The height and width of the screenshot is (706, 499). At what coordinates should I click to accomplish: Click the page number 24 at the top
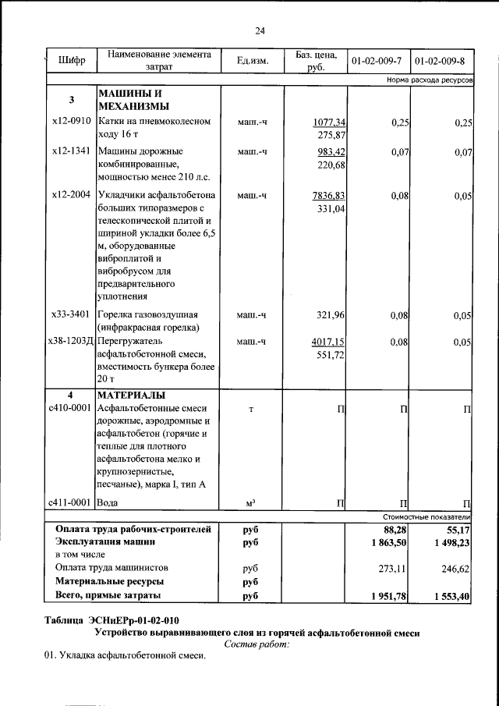pos(260,30)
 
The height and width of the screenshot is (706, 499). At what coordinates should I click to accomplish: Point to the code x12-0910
pos(71,122)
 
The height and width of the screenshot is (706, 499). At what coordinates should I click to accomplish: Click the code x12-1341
pos(71,151)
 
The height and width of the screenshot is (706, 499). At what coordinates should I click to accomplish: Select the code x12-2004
pos(71,195)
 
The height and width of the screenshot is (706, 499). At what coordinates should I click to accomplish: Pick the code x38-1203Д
pos(70,342)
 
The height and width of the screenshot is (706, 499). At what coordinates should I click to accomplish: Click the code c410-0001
pos(71,408)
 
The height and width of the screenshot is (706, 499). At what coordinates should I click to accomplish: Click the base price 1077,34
pos(329,122)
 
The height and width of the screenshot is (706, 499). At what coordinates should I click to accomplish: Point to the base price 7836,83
pos(329,195)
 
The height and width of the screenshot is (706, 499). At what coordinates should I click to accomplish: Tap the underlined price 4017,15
pos(328,342)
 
